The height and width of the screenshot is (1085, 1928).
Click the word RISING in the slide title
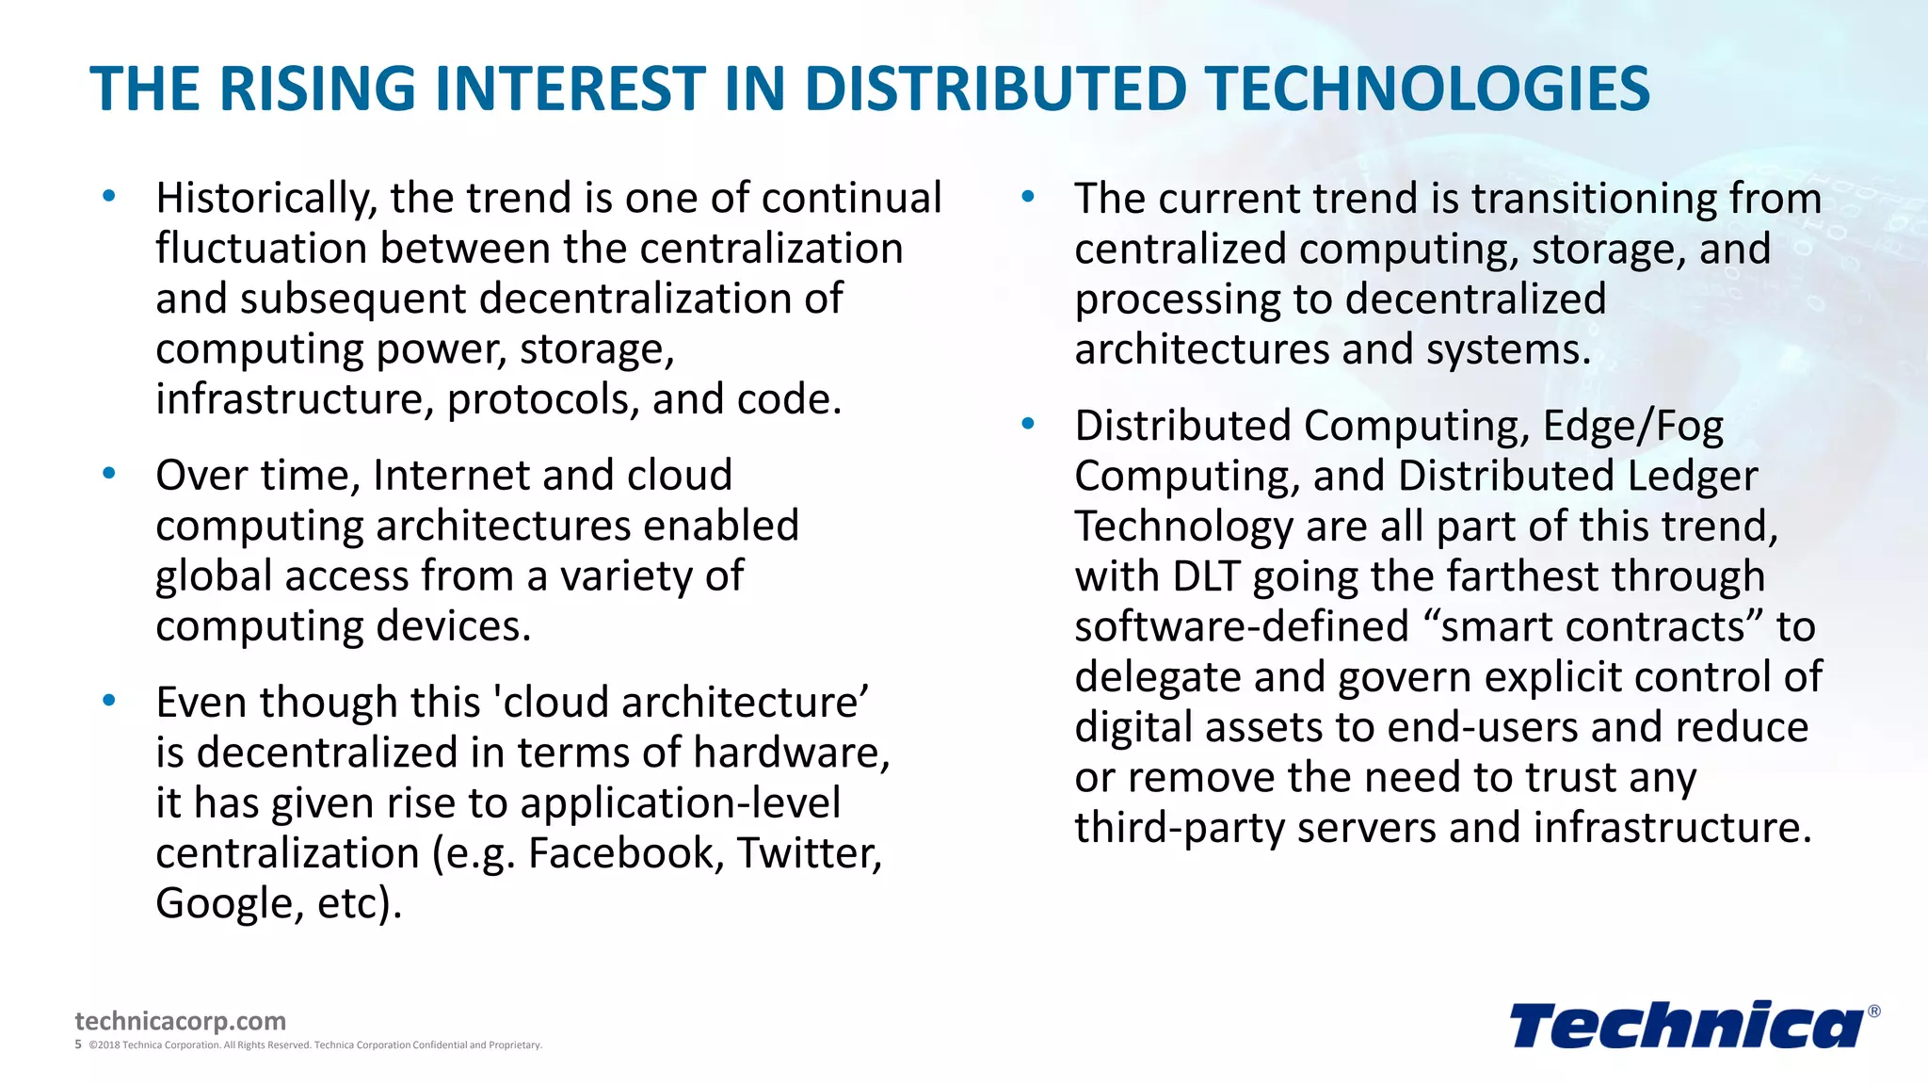point(317,89)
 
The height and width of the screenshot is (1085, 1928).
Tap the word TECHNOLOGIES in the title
point(1429,89)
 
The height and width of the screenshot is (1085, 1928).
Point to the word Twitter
point(810,853)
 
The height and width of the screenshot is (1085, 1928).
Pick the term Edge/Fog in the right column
point(1633,427)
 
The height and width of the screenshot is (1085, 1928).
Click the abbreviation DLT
point(1206,576)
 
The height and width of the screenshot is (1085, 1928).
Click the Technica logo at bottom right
point(1686,1026)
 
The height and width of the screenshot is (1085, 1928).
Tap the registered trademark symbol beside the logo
point(1873,1012)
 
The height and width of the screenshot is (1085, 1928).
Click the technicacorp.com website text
point(180,1021)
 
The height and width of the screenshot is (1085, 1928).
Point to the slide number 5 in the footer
point(78,1045)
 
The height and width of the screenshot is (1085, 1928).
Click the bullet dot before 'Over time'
point(109,474)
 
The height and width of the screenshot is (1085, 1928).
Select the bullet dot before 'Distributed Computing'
point(1028,425)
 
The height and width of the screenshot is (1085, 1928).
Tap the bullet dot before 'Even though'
point(109,701)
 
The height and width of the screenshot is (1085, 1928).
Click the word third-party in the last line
point(1180,828)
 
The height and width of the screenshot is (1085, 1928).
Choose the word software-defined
point(1242,627)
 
